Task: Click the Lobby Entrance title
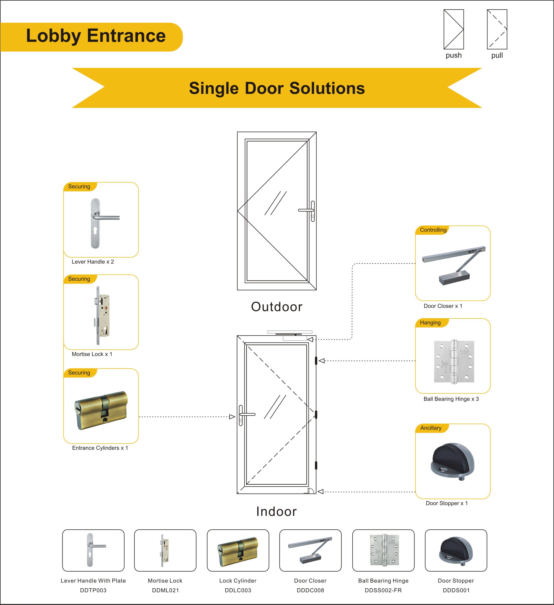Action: click(96, 36)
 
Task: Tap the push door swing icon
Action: click(454, 29)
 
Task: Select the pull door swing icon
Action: click(497, 29)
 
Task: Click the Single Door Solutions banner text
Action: click(277, 88)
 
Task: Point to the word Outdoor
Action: click(277, 307)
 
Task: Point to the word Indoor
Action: click(277, 511)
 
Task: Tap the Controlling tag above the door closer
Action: click(433, 230)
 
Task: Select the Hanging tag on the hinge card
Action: click(430, 323)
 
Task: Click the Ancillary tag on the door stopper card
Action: click(431, 428)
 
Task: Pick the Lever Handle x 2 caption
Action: click(93, 262)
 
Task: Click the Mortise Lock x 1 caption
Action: click(92, 354)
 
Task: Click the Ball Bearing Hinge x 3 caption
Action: click(451, 399)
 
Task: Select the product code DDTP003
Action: click(93, 590)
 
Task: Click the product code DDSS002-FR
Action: click(383, 590)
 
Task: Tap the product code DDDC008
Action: click(310, 590)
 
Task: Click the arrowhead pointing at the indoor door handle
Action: click(232, 417)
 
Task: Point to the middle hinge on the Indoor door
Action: click(316, 415)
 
